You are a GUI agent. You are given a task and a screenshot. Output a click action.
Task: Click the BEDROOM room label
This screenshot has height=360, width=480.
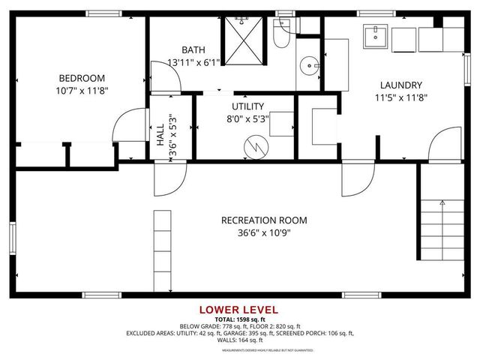click(x=82, y=78)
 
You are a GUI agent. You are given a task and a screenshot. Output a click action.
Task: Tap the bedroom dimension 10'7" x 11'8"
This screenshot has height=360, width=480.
click(x=82, y=90)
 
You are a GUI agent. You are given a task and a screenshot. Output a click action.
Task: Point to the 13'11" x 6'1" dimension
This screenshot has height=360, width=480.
click(x=193, y=63)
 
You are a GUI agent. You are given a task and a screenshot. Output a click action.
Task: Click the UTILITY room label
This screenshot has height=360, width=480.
click(x=247, y=106)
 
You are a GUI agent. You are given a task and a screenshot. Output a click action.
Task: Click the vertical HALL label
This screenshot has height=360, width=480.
click(x=160, y=134)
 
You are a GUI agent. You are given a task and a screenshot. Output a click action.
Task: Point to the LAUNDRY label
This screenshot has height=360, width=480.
click(x=400, y=85)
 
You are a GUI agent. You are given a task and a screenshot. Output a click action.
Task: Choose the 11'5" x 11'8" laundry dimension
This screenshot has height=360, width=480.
click(x=400, y=97)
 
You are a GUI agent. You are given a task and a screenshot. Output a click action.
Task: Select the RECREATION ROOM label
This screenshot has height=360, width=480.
click(x=264, y=220)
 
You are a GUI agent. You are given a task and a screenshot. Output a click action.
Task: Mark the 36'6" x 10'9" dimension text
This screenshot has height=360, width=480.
click(x=264, y=232)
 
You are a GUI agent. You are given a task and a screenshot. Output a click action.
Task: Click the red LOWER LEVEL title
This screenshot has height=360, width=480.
click(x=238, y=310)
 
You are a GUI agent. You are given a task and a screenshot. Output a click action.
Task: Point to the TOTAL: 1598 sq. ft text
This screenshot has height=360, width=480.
click(x=239, y=319)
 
